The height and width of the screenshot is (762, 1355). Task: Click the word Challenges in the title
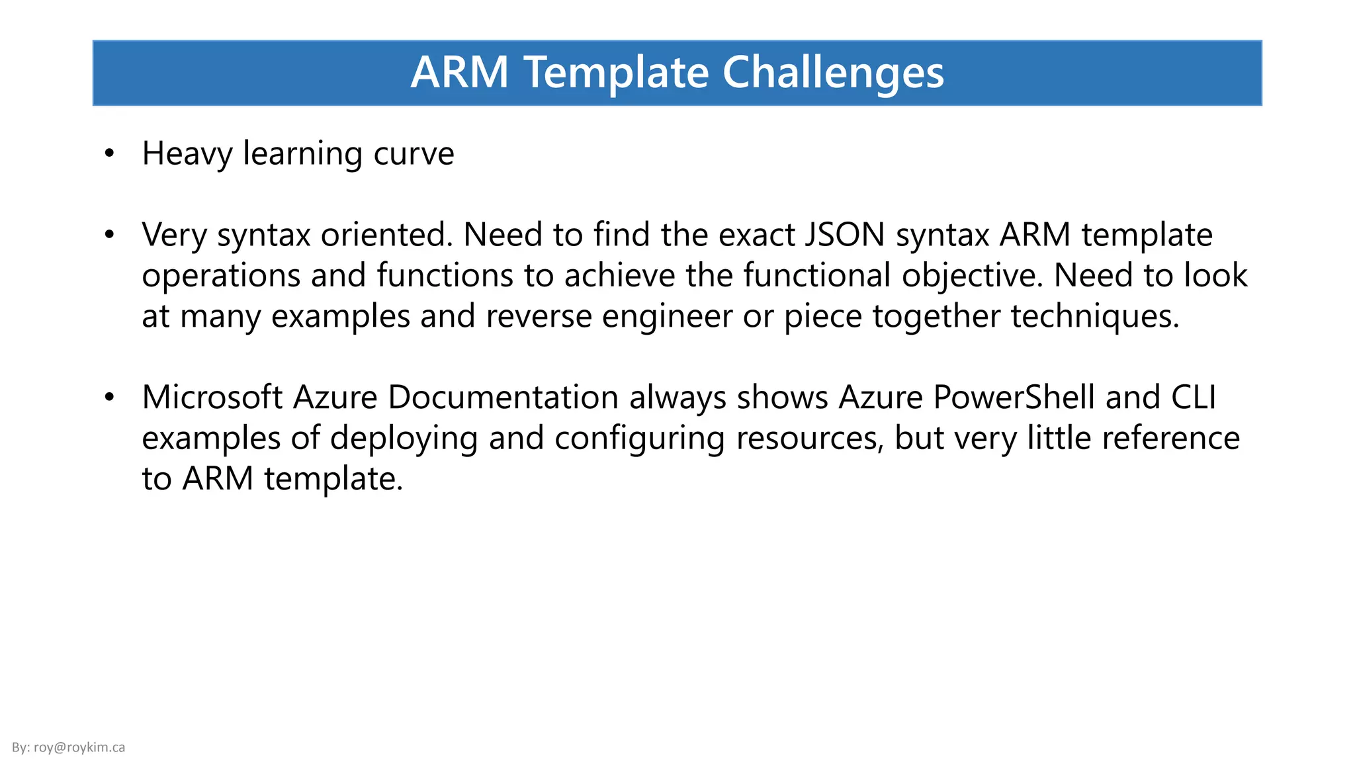[833, 73]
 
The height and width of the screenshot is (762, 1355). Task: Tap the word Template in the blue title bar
[617, 73]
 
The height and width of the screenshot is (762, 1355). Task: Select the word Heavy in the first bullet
[187, 154]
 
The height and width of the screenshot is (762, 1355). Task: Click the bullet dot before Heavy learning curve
[110, 154]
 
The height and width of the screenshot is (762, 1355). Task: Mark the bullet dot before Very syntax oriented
[110, 235]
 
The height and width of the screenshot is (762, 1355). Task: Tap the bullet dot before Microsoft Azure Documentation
[110, 398]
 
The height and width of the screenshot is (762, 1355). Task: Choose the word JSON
[845, 235]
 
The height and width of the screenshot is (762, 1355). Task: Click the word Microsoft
[212, 398]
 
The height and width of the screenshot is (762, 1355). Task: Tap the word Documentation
[503, 398]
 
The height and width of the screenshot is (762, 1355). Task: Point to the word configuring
[640, 439]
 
